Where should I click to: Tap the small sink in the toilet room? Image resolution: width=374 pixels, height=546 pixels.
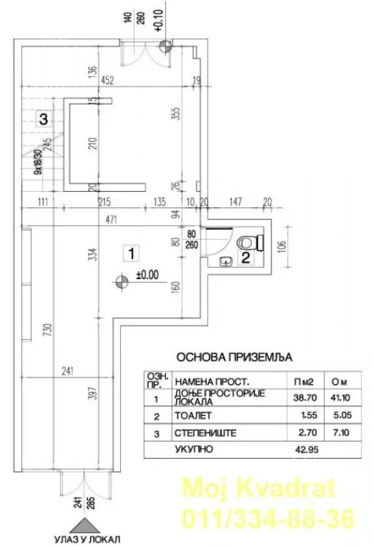pos(225,261)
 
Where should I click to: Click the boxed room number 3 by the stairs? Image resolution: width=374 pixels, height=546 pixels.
pos(42,119)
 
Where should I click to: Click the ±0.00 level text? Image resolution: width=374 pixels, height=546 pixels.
pos(147,274)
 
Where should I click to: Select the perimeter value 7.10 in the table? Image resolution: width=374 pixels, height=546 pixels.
pos(341,433)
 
